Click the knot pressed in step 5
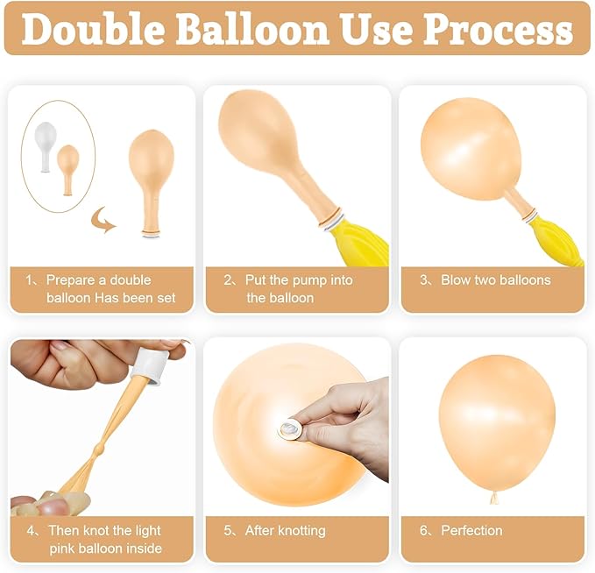[x=288, y=428]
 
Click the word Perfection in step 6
[x=471, y=530]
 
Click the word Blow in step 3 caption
[x=457, y=280]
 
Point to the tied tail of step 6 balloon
[x=494, y=498]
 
